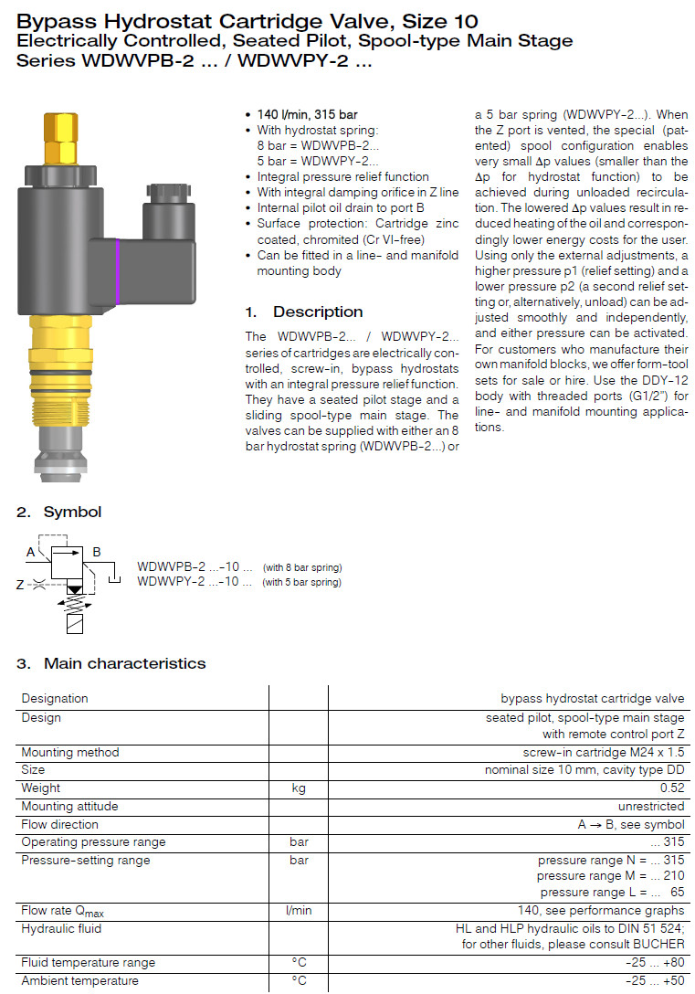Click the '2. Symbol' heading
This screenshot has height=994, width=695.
59,512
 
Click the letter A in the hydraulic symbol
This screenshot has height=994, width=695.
31,552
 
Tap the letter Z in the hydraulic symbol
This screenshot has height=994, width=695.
20,585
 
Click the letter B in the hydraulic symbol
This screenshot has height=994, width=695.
97,552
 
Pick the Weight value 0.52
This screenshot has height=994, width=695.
672,788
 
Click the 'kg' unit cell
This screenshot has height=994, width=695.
299,788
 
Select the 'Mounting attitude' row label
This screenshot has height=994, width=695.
69,807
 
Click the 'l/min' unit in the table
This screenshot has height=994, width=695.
299,911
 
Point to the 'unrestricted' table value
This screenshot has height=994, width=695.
651,807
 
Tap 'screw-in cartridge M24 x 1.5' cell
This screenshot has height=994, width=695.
603,753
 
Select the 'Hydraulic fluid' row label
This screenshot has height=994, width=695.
62,928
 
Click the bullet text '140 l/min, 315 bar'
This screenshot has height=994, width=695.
307,114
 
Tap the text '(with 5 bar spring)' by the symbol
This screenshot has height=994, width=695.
302,583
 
